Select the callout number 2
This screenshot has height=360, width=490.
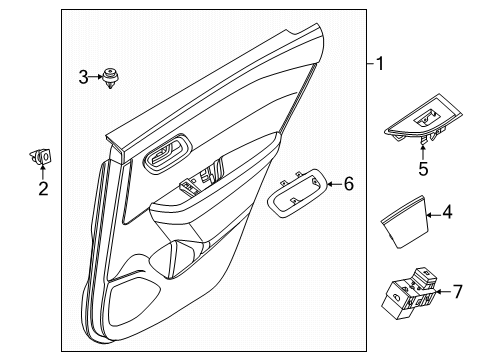tap(42, 189)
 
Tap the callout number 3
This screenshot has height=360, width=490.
tap(83, 76)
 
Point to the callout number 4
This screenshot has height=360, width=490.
tap(448, 240)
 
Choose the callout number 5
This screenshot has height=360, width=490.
tap(423, 169)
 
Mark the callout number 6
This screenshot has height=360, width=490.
tap(348, 183)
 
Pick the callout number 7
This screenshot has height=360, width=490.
tap(458, 291)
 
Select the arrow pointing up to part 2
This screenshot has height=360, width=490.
tap(42, 173)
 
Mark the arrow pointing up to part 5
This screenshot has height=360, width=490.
tap(423, 151)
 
